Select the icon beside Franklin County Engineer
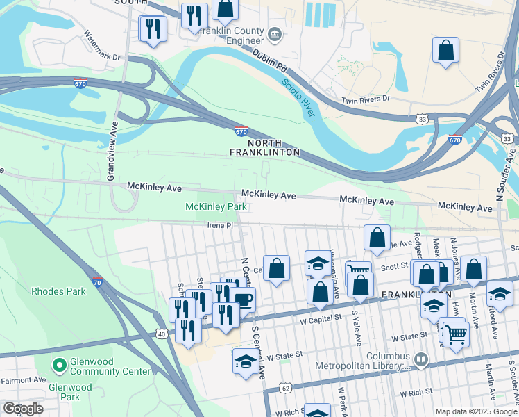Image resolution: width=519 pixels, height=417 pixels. point(275,33)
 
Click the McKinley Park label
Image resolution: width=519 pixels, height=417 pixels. point(216,207)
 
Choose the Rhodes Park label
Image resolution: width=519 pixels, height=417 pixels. point(58,291)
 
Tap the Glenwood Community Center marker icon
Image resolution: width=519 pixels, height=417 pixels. point(59,364)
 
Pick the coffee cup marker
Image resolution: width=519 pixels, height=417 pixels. point(243,300)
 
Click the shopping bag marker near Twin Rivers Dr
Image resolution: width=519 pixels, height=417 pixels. point(445,50)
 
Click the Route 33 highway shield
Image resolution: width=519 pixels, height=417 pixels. point(423,120)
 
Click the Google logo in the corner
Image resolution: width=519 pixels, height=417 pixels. point(23,409)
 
